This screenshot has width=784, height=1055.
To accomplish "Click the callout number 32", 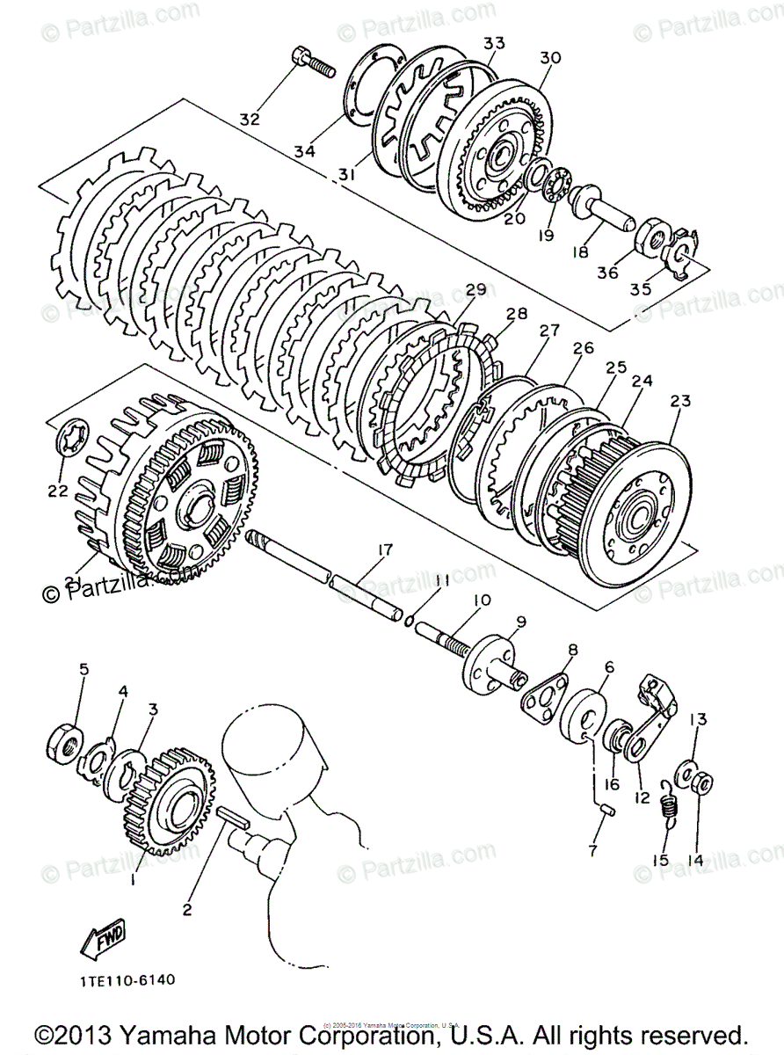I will point(250,120).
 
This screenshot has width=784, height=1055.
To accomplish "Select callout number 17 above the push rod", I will point(384,550).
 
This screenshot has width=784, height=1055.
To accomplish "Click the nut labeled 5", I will point(65,742).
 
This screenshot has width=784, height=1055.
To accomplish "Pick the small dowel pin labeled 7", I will point(604,808).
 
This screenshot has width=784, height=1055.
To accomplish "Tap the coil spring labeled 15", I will point(672,804).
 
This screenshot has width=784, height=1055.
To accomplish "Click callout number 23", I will point(680,402).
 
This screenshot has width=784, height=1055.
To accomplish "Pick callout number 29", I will point(475,289).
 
